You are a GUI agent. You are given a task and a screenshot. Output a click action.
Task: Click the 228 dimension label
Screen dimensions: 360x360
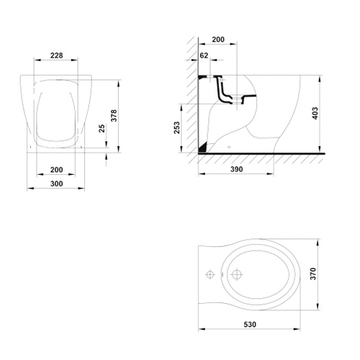pos(57,55)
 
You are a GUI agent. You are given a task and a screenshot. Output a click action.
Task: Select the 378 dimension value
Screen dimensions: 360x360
pos(114,115)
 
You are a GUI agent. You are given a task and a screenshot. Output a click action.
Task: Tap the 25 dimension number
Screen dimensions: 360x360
pos(102,128)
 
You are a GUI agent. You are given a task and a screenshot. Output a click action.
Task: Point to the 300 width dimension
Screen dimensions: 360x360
pos(57,184)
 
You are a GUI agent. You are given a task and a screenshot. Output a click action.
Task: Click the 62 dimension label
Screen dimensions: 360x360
pos(204,55)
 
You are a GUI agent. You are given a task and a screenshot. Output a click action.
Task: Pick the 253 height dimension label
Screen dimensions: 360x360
pos(176,127)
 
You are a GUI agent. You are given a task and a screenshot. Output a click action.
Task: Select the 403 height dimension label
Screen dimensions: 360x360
pos(315,113)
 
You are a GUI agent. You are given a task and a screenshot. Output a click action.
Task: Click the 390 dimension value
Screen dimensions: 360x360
pos(237,169)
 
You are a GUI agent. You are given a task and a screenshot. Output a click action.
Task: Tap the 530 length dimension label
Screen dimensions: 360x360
pos(250,325)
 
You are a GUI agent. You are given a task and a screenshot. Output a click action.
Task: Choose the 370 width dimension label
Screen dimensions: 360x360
pos(313,274)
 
